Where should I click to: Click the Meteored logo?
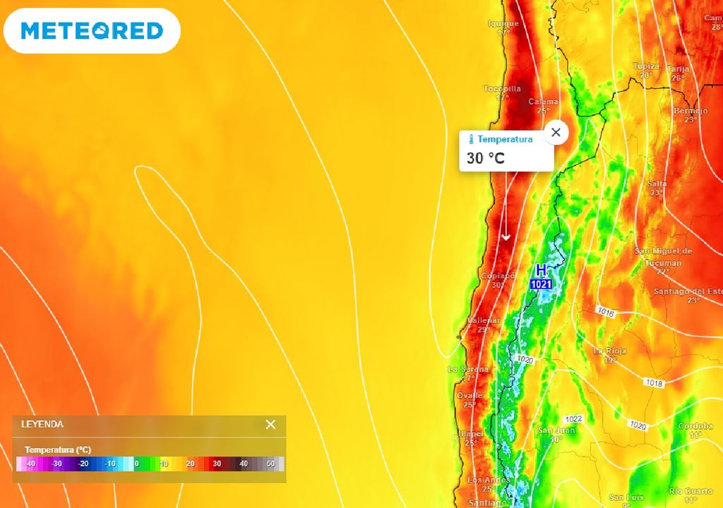pyautogui.click(x=92, y=30)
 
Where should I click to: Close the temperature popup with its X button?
pyautogui.click(x=556, y=132)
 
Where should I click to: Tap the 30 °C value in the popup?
pyautogui.click(x=486, y=158)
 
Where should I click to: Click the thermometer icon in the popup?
pyautogui.click(x=472, y=140)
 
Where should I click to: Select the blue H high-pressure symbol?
pyautogui.click(x=541, y=270)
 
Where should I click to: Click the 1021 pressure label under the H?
pyautogui.click(x=541, y=284)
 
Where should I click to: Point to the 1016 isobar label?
pyautogui.click(x=605, y=311)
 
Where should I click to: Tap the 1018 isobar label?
pyautogui.click(x=654, y=382)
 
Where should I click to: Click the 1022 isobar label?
pyautogui.click(x=573, y=419)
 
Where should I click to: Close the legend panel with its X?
pyautogui.click(x=270, y=424)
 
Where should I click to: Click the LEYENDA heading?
pyautogui.click(x=42, y=424)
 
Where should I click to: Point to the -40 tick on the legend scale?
pyautogui.click(x=30, y=464)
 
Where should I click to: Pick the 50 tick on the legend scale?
pyautogui.click(x=270, y=464)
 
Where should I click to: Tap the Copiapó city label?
pyautogui.click(x=494, y=276)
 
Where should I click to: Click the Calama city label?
pyautogui.click(x=543, y=102)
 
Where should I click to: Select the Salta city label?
pyautogui.click(x=657, y=183)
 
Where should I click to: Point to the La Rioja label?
pyautogui.click(x=610, y=351)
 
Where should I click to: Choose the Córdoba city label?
pyautogui.click(x=695, y=426)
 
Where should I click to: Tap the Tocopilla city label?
pyautogui.click(x=502, y=89)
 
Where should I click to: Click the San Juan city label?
pyautogui.click(x=556, y=430)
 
